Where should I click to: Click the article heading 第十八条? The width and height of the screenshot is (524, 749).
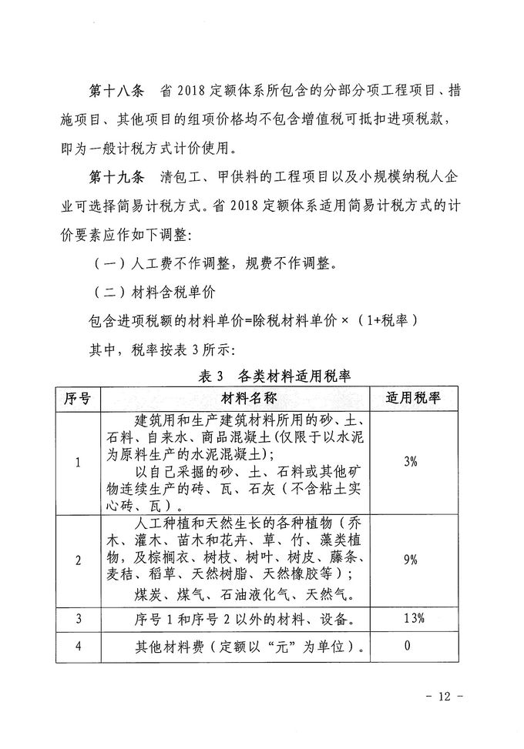coord(116,92)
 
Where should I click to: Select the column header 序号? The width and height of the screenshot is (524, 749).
coord(78,398)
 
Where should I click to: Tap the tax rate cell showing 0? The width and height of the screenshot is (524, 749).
coord(408,645)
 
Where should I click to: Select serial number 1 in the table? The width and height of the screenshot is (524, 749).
coord(78,462)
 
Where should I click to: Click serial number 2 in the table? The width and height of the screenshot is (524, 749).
coord(78,560)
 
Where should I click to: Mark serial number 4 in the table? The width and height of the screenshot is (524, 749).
coord(78,646)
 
